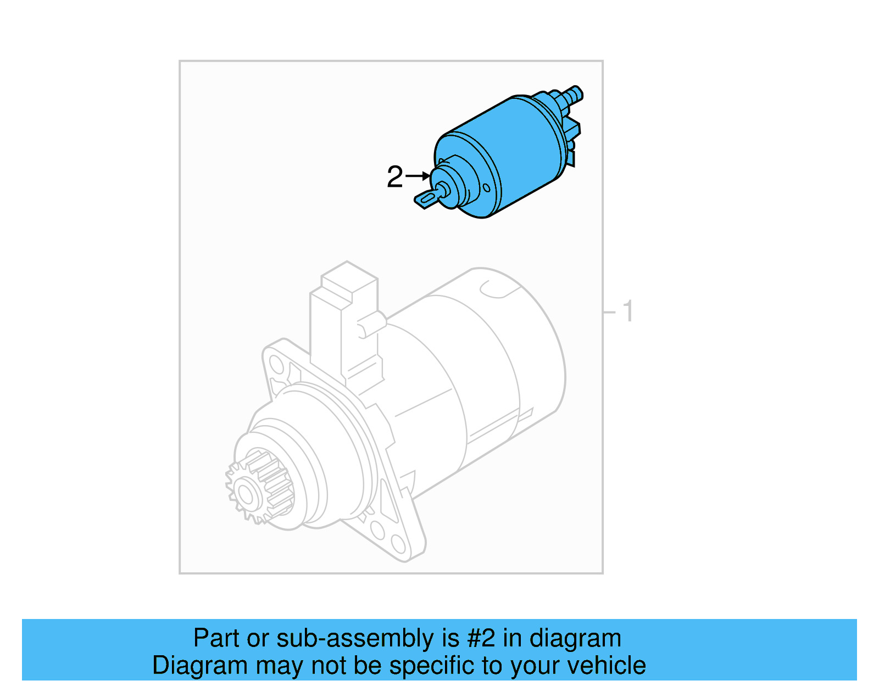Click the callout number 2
[394, 177]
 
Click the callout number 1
[628, 311]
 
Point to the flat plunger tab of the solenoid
[426, 199]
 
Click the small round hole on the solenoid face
[486, 188]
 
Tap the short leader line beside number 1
[610, 312]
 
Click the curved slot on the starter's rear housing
[497, 290]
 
